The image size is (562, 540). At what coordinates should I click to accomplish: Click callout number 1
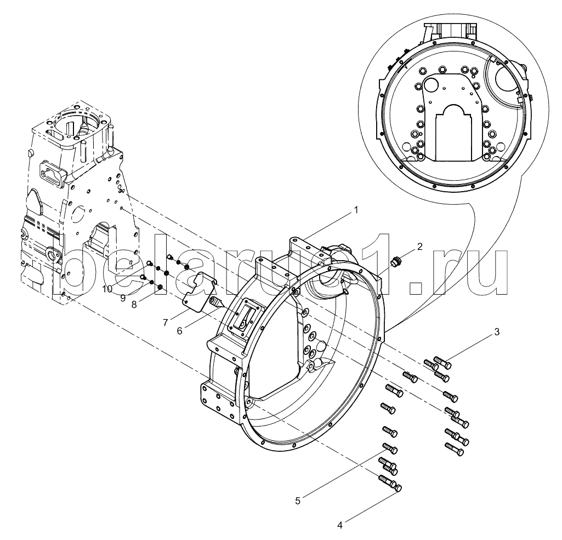[355, 210]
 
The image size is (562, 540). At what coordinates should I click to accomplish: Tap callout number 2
[419, 246]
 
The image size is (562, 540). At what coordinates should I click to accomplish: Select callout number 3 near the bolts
[496, 332]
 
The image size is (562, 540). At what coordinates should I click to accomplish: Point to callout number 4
[340, 525]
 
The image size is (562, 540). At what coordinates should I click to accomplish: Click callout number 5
[298, 501]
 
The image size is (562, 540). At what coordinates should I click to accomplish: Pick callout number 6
[180, 331]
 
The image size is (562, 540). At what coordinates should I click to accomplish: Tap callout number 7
[165, 323]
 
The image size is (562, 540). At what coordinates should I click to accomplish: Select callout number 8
[134, 305]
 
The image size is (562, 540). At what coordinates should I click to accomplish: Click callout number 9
[123, 298]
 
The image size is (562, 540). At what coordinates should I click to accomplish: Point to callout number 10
[107, 289]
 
